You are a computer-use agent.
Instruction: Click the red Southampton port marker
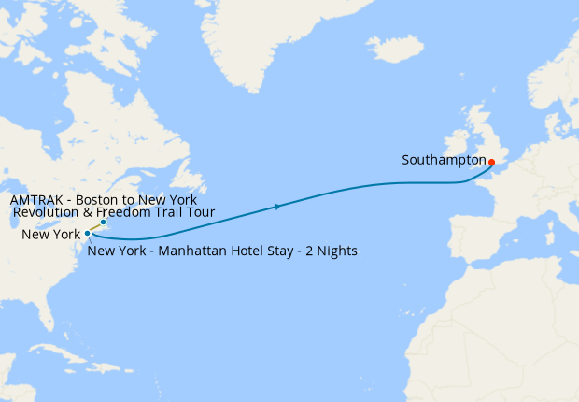(x=491, y=162)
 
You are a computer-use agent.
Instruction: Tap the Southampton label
(x=445, y=160)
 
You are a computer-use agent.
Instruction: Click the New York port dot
(x=87, y=233)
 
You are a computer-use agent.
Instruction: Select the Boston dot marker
(x=103, y=223)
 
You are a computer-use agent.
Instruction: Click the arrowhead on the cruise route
(x=277, y=206)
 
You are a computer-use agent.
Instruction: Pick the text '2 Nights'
(x=332, y=251)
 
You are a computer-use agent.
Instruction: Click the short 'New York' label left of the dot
(x=52, y=234)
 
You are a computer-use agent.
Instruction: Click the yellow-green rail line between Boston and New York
(x=95, y=227)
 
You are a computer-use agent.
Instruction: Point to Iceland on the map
(x=394, y=49)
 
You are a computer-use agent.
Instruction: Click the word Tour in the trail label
(x=203, y=213)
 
